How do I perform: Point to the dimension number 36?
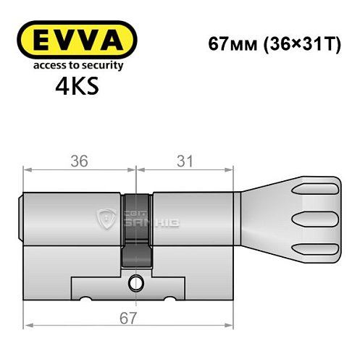point(79,161)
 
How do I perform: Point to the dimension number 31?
point(185,161)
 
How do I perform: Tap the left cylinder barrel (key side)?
point(72,217)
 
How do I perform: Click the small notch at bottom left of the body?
point(85,299)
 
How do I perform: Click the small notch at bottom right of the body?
point(172,299)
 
